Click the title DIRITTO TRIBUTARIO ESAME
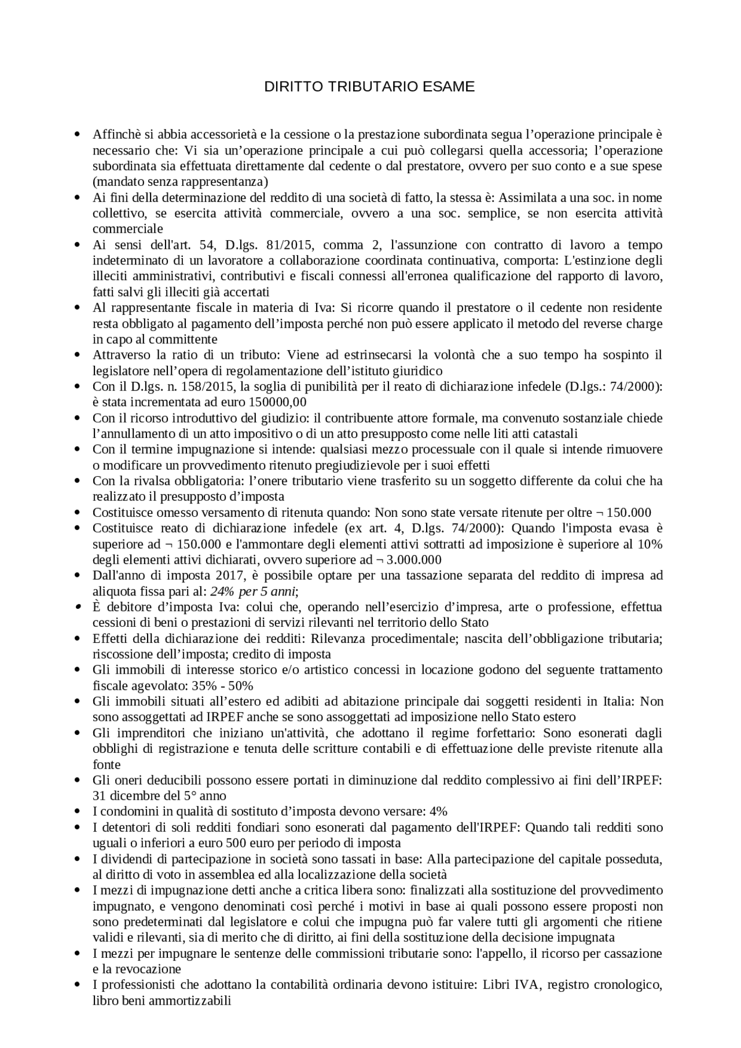click(x=369, y=87)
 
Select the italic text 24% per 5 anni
click(x=253, y=591)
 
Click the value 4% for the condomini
click(x=439, y=811)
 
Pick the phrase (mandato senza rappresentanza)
click(x=181, y=182)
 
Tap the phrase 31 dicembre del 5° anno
click(x=159, y=796)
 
